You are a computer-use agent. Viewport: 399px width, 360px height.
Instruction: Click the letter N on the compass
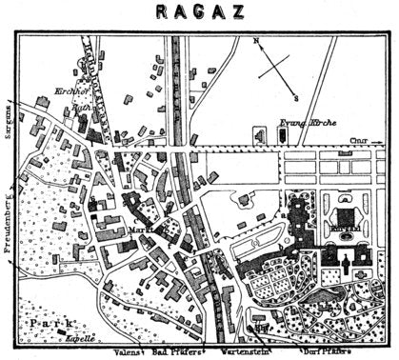pos(256,42)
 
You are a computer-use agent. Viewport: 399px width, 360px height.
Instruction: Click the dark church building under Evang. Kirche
pos(283,135)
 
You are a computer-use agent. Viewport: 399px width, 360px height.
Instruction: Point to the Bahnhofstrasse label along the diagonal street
pos(95,71)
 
